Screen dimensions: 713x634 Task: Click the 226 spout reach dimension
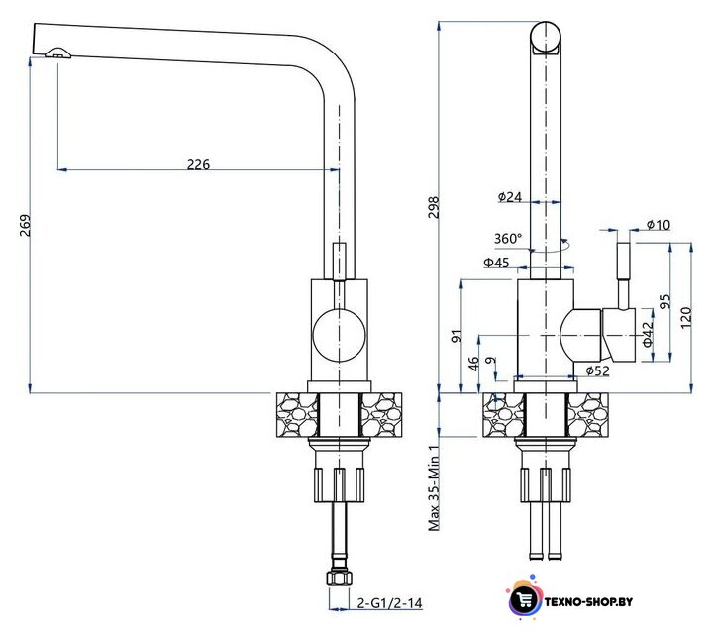(199, 164)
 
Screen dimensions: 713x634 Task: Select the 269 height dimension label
(26, 225)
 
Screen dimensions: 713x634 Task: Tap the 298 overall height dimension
(434, 207)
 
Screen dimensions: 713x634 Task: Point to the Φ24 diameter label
(510, 197)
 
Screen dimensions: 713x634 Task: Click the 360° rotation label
(508, 239)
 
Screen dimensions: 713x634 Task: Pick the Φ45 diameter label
(496, 263)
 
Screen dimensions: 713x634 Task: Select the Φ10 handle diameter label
(658, 224)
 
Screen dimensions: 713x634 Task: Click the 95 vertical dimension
(664, 301)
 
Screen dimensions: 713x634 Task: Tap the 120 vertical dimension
(685, 317)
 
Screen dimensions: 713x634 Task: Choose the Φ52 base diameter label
(597, 371)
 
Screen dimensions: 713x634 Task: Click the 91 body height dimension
(457, 336)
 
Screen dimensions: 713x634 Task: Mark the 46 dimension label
(473, 364)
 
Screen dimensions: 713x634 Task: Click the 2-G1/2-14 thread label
(390, 603)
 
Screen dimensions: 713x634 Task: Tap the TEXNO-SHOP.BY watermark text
(588, 602)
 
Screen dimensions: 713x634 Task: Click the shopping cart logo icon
(524, 598)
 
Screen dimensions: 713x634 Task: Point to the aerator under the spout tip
(57, 53)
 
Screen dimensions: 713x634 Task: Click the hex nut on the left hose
(340, 579)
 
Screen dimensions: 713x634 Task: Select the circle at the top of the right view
(546, 38)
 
